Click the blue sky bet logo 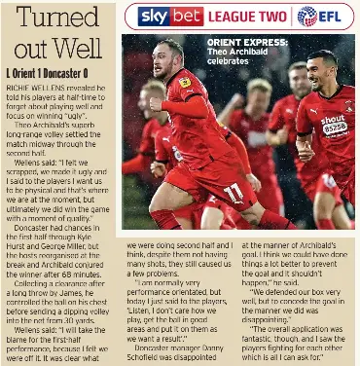tap(169, 16)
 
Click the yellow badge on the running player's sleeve tap(185, 82)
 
